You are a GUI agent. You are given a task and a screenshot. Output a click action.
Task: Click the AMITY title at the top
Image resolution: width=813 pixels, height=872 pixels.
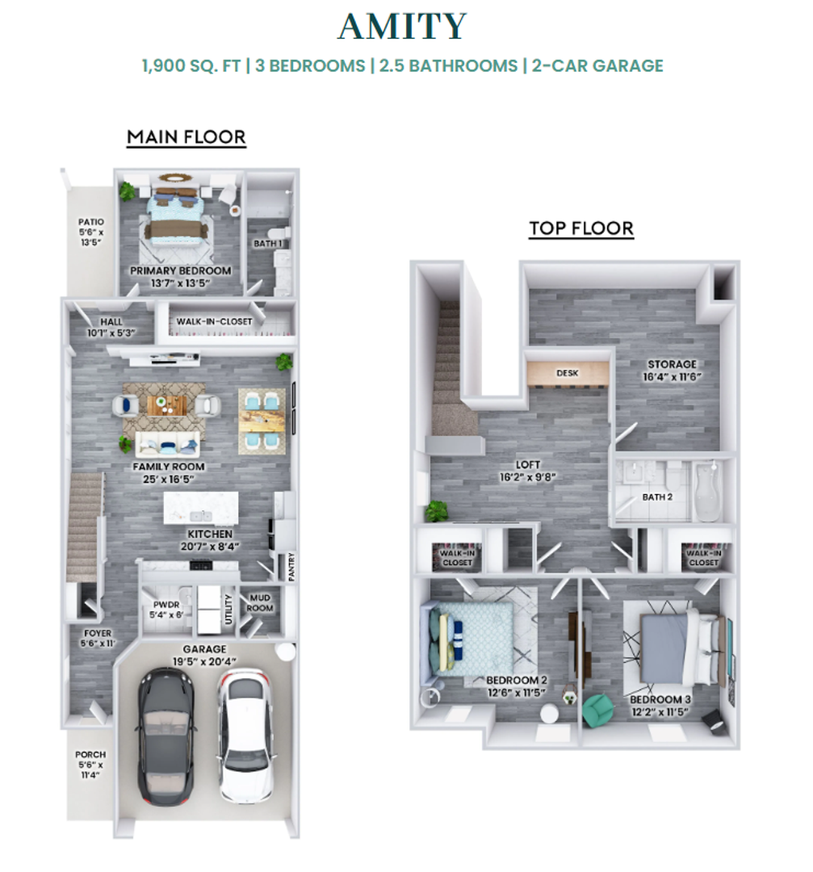click(401, 26)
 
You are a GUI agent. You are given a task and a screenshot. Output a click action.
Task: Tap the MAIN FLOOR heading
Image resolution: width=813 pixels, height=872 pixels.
click(186, 136)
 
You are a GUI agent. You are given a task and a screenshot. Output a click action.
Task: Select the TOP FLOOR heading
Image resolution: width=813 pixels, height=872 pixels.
click(581, 228)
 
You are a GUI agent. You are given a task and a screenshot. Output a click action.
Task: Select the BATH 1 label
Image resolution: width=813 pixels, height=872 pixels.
click(268, 243)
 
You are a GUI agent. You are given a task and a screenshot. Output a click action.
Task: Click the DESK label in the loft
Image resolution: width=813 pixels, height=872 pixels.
click(568, 373)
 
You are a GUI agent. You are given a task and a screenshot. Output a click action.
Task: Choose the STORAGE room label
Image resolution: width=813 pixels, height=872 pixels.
click(672, 364)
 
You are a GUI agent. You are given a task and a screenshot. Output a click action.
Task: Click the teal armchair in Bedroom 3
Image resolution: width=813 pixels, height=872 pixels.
click(597, 711)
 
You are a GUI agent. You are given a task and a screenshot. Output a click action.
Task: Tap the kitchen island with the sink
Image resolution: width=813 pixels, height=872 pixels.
click(201, 508)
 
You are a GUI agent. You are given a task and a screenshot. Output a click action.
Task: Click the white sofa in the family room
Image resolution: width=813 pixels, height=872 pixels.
click(167, 444)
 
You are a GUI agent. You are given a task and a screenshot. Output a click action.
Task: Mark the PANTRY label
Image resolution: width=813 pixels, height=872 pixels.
click(291, 567)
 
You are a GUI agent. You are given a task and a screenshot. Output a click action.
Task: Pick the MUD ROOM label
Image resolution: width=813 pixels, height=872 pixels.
click(260, 603)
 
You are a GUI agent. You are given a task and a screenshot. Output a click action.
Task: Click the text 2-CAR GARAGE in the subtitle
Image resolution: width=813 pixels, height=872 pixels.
click(597, 65)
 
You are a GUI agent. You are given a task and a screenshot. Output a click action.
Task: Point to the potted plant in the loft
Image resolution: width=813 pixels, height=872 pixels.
click(437, 511)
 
